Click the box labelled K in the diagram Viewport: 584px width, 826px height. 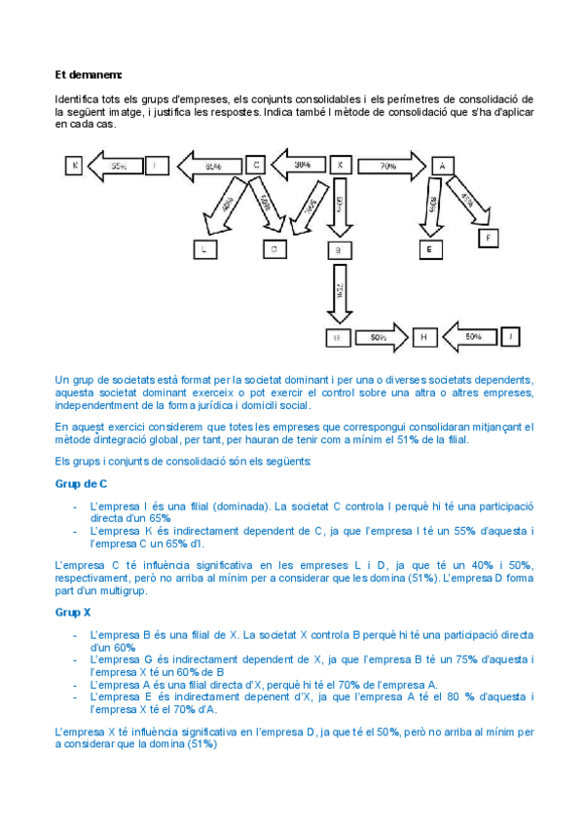(74, 165)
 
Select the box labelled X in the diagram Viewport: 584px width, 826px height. (339, 165)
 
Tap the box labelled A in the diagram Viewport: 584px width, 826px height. (443, 165)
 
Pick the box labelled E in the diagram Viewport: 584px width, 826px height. (429, 249)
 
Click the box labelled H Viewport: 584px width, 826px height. (424, 338)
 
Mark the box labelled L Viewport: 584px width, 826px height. (204, 249)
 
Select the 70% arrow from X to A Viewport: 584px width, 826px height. (388, 166)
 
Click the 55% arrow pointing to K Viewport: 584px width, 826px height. (115, 167)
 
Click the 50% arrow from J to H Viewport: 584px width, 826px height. (470, 337)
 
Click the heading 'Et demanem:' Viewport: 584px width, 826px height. (89, 73)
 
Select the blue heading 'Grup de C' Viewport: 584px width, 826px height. (82, 484)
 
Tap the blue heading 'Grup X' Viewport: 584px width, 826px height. (74, 613)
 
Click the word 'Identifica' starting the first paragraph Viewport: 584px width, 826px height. (80, 99)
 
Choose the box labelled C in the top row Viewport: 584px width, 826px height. (255, 165)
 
